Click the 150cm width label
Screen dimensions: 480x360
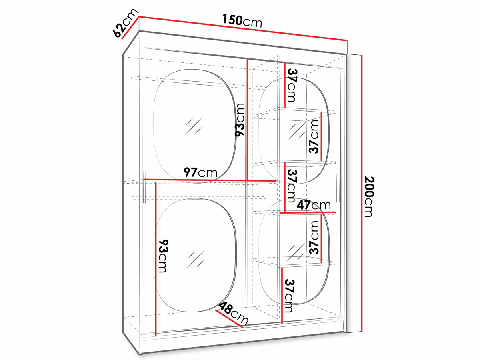[242, 21]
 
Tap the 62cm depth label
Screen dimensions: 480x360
[125, 23]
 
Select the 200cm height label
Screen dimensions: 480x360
[370, 197]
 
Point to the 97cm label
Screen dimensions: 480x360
[200, 172]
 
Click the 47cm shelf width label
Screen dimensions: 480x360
[314, 205]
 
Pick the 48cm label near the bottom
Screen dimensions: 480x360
[233, 314]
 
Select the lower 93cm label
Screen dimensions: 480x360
[163, 256]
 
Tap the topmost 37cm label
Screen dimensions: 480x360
[292, 85]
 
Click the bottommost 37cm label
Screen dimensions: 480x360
[289, 296]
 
